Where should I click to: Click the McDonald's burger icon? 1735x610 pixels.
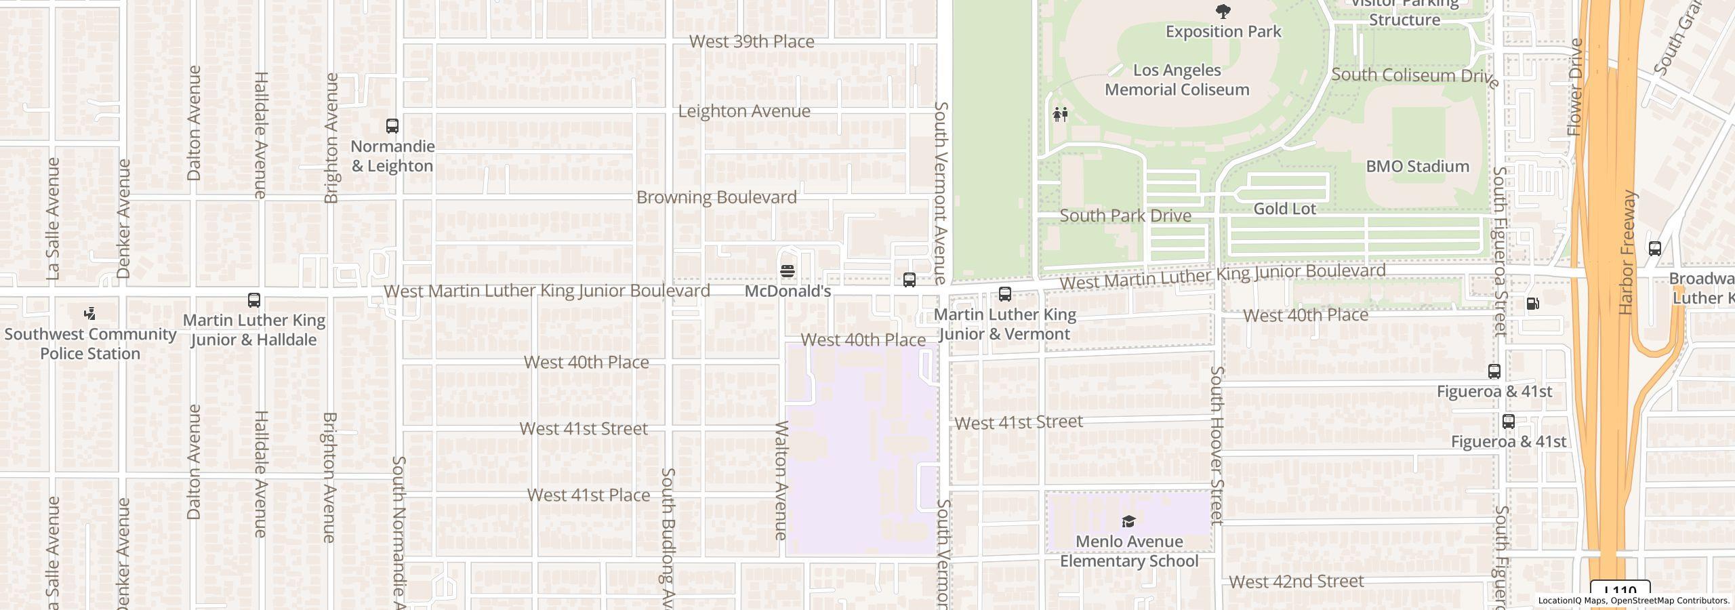(x=788, y=271)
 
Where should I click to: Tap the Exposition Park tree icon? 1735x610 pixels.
(x=1223, y=11)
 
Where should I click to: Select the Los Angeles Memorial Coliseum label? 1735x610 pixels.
(x=1177, y=80)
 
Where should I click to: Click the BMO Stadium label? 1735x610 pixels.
(x=1417, y=167)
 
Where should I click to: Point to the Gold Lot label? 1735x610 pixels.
(x=1284, y=209)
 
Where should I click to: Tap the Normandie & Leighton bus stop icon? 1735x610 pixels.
(x=392, y=125)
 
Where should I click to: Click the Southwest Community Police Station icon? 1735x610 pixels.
(x=89, y=313)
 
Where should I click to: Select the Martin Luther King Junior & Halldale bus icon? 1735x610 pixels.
(x=254, y=300)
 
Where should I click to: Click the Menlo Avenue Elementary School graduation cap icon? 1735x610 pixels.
(x=1128, y=521)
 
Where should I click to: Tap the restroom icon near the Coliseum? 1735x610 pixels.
(x=1061, y=114)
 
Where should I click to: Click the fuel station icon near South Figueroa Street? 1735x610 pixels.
(x=1532, y=303)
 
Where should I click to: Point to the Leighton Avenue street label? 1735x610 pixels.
(x=744, y=111)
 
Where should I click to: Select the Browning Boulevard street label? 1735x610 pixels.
(x=716, y=197)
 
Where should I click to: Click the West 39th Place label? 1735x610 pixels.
(x=752, y=41)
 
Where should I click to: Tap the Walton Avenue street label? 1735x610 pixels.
(x=781, y=480)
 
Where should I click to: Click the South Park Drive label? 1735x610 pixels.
(x=1125, y=216)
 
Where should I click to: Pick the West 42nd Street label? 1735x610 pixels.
(x=1296, y=582)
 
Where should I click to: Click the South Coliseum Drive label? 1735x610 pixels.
(x=1415, y=76)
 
